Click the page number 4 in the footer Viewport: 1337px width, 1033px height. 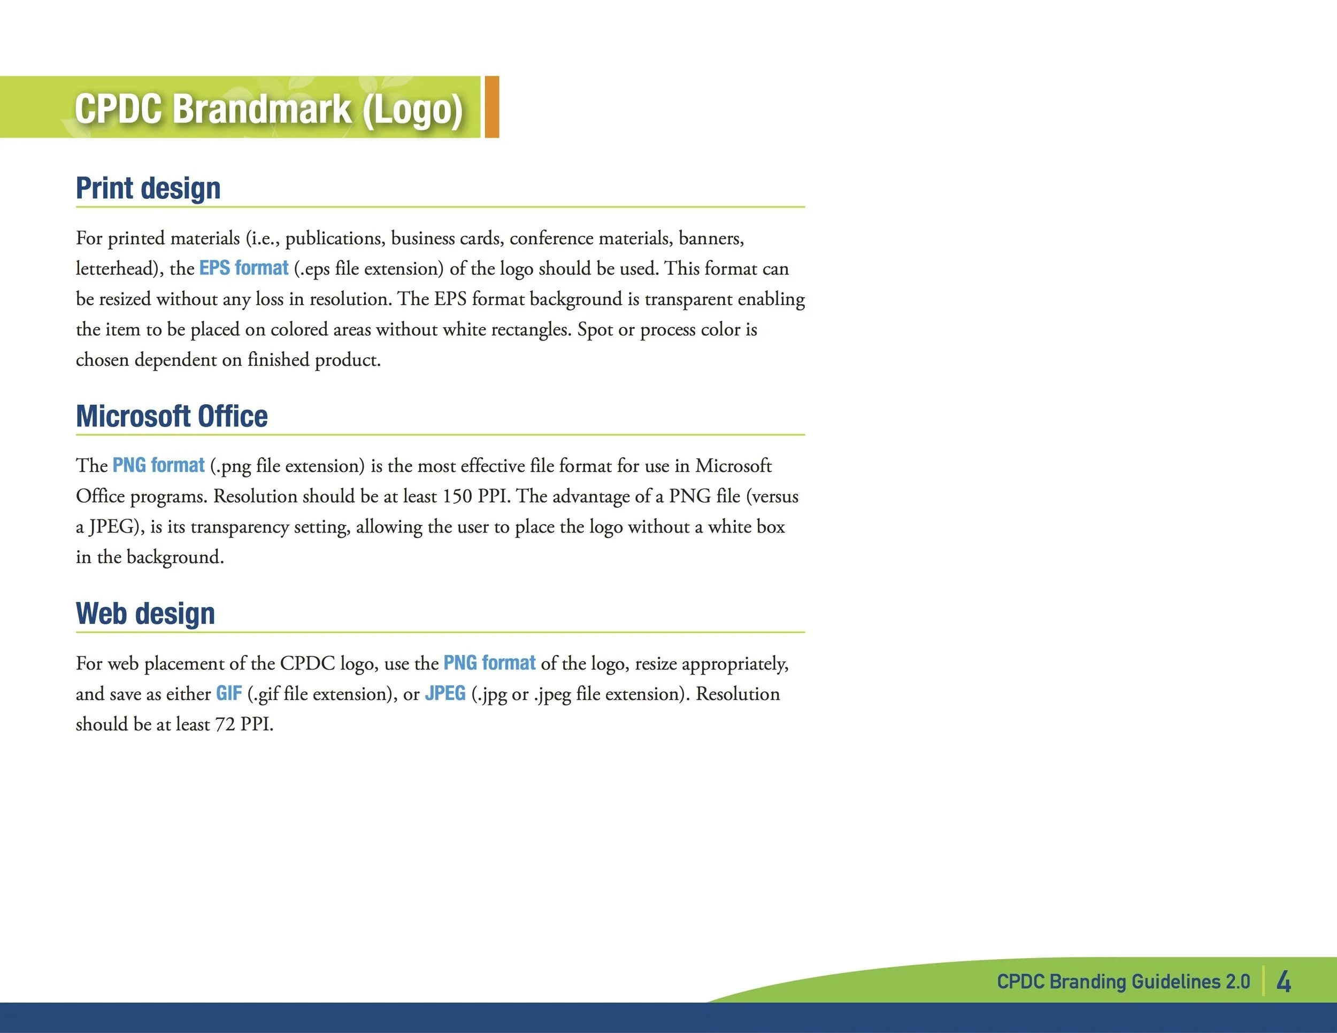point(1283,981)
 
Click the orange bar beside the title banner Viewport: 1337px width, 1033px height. point(491,106)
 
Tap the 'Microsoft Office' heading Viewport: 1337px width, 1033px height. point(172,416)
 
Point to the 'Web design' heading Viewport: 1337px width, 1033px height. point(145,613)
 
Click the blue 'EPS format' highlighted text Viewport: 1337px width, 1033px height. point(244,268)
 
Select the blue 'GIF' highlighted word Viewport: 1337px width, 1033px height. point(228,693)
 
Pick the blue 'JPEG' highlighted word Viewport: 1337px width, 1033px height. point(445,693)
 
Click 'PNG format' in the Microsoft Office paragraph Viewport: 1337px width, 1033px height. point(158,465)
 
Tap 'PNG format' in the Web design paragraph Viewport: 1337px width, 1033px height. point(489,663)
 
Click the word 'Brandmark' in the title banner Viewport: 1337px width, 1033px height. point(262,109)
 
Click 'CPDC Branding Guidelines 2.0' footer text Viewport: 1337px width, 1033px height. point(1123,982)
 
